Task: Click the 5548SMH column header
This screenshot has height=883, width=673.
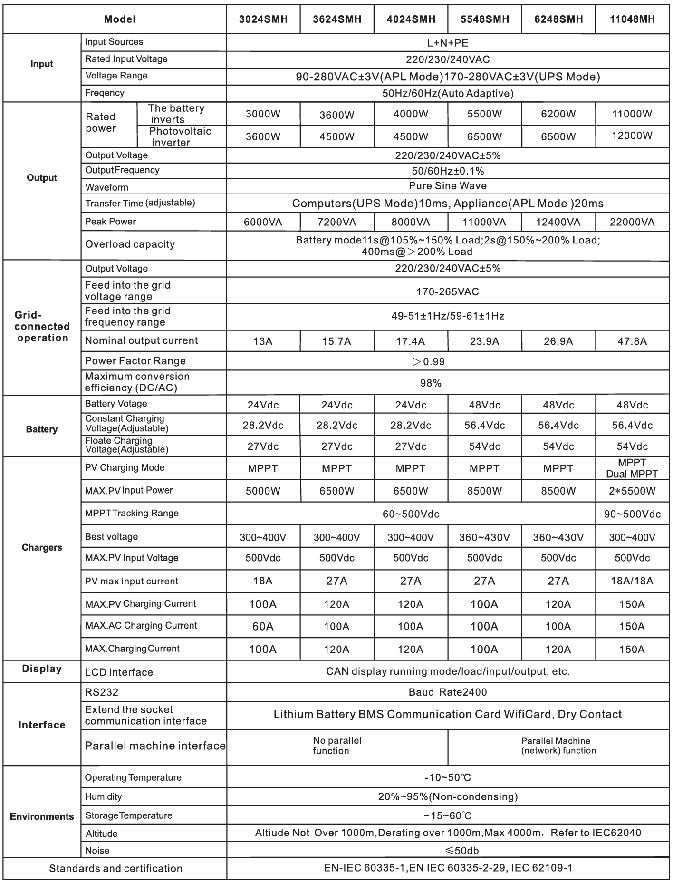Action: click(x=484, y=19)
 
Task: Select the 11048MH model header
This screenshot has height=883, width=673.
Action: click(x=632, y=19)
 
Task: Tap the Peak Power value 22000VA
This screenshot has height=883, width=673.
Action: click(x=632, y=222)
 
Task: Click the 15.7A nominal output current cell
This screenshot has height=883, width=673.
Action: click(x=336, y=341)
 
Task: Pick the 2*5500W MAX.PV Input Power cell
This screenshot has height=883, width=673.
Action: click(x=632, y=491)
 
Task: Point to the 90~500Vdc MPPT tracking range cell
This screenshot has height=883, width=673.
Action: click(x=632, y=514)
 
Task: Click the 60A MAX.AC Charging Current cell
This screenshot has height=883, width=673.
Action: click(x=263, y=626)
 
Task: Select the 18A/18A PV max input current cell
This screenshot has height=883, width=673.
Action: click(x=632, y=581)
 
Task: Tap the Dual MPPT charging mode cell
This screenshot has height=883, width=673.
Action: click(x=632, y=468)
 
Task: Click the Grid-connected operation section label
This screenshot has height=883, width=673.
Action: click(x=42, y=327)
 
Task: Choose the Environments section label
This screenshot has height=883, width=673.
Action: click(x=42, y=816)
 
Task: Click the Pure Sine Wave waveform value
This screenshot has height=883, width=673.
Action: click(x=447, y=186)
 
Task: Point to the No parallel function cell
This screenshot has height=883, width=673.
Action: click(x=336, y=746)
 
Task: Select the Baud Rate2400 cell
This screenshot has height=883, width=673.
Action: click(x=447, y=692)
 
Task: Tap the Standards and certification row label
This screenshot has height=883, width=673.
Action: click(x=115, y=868)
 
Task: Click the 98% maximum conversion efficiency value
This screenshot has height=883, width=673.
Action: click(x=431, y=383)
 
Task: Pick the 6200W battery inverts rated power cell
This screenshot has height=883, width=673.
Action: click(x=558, y=114)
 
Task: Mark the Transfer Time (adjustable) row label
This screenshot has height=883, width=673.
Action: click(x=140, y=203)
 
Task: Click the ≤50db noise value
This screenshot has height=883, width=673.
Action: click(x=447, y=850)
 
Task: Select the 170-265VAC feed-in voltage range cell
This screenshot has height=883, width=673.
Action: click(x=447, y=291)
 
